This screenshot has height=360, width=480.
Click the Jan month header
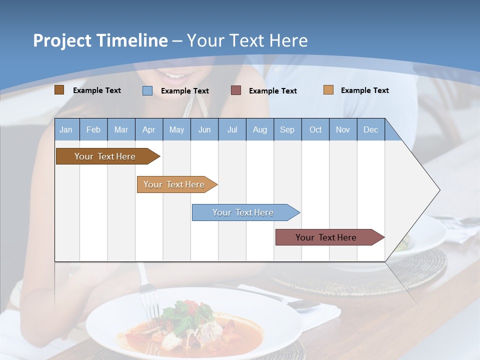click(x=66, y=130)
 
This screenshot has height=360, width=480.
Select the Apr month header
click(x=148, y=130)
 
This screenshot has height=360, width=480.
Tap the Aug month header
click(x=259, y=130)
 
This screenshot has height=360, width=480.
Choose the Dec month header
click(x=370, y=130)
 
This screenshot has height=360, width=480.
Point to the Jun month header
click(x=204, y=130)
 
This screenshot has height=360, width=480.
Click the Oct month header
click(x=315, y=130)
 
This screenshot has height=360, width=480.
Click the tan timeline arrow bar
click(x=175, y=184)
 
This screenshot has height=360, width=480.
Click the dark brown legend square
click(x=59, y=90)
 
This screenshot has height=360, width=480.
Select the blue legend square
click(x=147, y=90)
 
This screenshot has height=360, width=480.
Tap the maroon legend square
click(x=236, y=90)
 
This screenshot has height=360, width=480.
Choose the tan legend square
click(x=328, y=90)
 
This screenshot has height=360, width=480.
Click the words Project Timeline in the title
click(x=100, y=40)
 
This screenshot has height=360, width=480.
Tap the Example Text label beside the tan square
click(x=364, y=90)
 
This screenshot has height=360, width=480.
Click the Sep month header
click(x=287, y=130)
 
